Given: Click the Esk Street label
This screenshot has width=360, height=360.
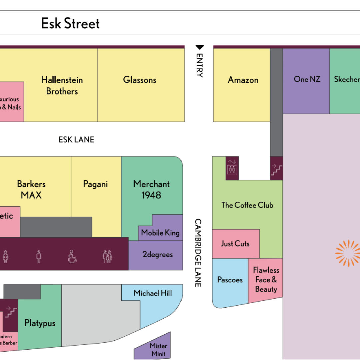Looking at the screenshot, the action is pos(70,24).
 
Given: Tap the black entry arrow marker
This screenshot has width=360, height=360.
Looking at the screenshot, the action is pos(200,48).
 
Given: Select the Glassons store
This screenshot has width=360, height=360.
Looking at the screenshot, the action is pos(140,80).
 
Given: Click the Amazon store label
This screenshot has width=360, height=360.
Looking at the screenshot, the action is pos(243,80).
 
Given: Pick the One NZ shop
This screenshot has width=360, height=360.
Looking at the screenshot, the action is pos(307,79).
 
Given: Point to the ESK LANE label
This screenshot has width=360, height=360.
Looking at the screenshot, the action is pos(76,140).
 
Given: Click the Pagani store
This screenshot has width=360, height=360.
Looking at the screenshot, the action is pos(95,184).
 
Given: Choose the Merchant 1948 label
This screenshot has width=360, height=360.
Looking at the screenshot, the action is pos(151,189).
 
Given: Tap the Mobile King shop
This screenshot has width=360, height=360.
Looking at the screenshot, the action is pos(160,233).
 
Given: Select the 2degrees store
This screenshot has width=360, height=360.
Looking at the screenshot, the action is pos(157,255).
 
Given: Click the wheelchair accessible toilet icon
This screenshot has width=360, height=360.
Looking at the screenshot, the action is pos(72,257).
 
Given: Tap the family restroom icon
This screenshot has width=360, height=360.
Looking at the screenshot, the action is pos(107,257).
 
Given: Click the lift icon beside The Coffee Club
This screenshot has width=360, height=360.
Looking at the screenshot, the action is pos(232,168).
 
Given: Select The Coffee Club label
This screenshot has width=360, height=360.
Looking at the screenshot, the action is pos(247,205).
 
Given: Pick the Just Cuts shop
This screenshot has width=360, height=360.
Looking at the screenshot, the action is pos(235,244).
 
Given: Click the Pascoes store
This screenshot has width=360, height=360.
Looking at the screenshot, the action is pos(230,280).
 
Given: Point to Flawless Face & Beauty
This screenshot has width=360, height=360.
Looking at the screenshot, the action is pos(266,280).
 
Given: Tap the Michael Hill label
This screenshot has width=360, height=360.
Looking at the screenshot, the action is pos(153,293).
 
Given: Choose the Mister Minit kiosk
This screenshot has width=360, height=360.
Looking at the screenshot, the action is pos(158,350).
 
